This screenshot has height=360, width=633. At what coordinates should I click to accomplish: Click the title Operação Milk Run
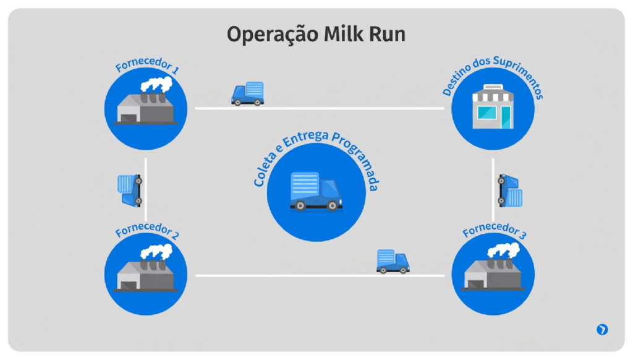pyautogui.click(x=316, y=34)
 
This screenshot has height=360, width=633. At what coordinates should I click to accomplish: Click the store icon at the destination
pyautogui.click(x=493, y=108)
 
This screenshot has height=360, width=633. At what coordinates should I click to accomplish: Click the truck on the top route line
pyautogui.click(x=247, y=94)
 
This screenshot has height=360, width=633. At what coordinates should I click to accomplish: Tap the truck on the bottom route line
pyautogui.click(x=393, y=261)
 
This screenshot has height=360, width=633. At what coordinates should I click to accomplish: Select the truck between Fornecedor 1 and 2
pyautogui.click(x=130, y=190)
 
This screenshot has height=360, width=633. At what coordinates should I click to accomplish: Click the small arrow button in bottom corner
pyautogui.click(x=602, y=330)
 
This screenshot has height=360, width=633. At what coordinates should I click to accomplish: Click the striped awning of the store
pyautogui.click(x=493, y=96)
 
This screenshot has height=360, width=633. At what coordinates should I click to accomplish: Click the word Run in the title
pyautogui.click(x=386, y=34)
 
